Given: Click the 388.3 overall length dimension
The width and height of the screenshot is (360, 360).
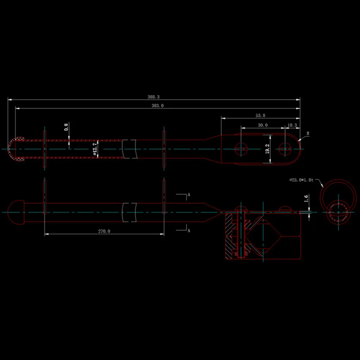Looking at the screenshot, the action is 153,97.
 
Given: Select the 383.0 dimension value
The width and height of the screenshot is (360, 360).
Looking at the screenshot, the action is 158,105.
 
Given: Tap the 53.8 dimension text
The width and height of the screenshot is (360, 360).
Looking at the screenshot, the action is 260,116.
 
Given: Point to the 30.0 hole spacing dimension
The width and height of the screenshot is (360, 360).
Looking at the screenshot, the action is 263,125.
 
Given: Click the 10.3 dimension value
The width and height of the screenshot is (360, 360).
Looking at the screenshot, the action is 292,125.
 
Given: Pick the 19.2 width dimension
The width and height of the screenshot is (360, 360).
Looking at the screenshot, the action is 267,149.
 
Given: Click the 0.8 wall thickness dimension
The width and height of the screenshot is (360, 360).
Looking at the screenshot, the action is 66,127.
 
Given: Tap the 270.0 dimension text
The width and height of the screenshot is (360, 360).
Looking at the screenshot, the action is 104,231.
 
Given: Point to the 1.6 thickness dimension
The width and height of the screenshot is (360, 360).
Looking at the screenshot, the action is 306,199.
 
